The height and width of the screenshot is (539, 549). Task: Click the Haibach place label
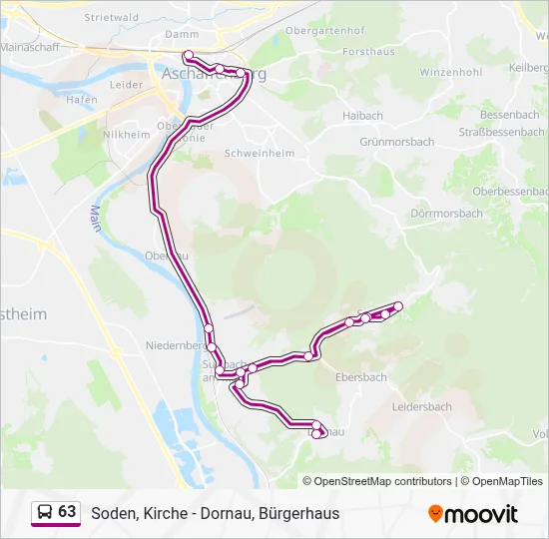362,116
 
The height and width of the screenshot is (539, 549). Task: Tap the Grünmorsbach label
396,142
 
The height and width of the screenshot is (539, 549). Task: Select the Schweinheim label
260,153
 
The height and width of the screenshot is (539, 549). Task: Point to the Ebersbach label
360,377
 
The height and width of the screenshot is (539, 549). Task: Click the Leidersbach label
421,407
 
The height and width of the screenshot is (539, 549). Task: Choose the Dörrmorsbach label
446,214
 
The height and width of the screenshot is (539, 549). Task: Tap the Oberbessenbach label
510,190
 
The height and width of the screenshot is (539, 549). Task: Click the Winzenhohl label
451,73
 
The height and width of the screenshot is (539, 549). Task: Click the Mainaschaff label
30,47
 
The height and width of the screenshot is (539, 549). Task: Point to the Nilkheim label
126,134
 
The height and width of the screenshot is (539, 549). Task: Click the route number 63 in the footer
67,512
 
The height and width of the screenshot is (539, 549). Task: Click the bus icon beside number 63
45,513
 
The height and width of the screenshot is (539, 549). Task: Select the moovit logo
473,513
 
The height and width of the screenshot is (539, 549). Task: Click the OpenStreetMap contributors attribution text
382,481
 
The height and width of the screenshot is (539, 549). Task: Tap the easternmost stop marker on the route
398,305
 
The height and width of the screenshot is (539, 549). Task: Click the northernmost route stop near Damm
188,56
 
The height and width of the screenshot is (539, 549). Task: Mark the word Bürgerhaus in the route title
298,513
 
